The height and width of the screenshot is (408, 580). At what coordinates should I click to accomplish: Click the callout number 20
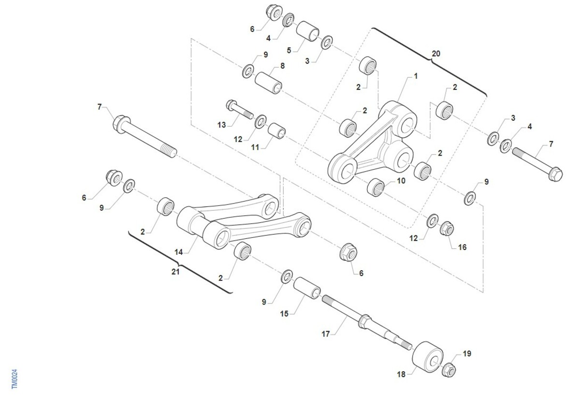436,54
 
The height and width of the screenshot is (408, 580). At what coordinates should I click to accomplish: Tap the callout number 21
175,272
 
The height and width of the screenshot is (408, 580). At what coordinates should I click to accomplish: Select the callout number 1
416,76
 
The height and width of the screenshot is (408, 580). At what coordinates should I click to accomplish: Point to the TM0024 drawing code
14,379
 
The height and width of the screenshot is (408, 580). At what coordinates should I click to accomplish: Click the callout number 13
222,125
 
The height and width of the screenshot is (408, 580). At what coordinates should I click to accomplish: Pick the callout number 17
326,334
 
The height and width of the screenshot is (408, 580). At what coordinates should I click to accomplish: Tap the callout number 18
401,374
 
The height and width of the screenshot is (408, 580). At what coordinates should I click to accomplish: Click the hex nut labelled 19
449,370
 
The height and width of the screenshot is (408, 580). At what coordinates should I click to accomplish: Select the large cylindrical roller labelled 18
427,357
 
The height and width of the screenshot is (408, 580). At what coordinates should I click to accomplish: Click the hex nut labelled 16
447,229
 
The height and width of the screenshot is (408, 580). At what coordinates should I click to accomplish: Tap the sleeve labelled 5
307,31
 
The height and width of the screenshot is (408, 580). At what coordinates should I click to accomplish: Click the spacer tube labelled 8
268,83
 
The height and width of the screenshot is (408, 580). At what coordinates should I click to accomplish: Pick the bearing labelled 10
376,187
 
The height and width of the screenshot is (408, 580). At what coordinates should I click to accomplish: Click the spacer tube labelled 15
307,288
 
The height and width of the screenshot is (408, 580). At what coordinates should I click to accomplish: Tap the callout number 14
179,252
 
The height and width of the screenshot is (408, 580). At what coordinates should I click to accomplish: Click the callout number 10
401,181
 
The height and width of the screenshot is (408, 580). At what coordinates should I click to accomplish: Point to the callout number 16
463,247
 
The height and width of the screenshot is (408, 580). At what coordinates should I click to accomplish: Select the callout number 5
289,50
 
